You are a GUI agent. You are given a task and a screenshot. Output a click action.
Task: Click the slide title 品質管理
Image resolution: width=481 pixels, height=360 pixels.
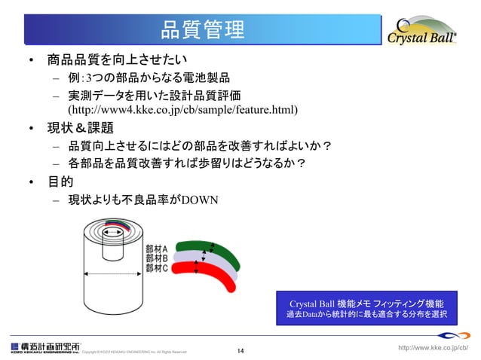pyautogui.click(x=203, y=29)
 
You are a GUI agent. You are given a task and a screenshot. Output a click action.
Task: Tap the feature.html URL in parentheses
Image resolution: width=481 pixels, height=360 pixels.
pyautogui.click(x=183, y=111)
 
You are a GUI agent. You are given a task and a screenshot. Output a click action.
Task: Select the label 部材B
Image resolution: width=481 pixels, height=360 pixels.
pyautogui.click(x=156, y=258)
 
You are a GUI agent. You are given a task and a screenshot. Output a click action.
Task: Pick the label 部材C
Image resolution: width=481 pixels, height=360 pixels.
pyautogui.click(x=156, y=267)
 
